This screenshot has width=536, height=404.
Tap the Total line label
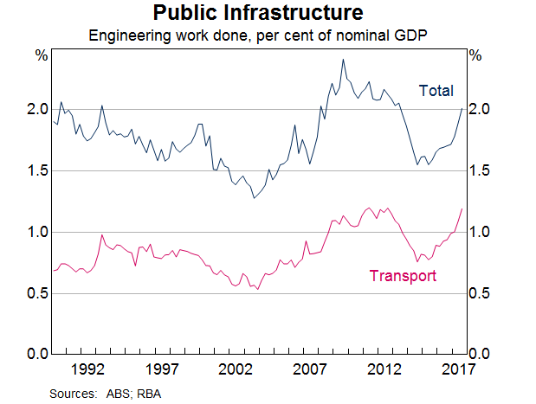coord(436,91)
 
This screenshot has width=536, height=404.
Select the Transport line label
coord(402,277)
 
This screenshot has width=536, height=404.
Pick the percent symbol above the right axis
coord(475,55)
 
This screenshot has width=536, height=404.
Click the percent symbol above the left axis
coord(41,55)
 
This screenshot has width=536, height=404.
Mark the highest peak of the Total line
coord(343,60)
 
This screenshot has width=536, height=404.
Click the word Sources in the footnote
coord(71,393)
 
